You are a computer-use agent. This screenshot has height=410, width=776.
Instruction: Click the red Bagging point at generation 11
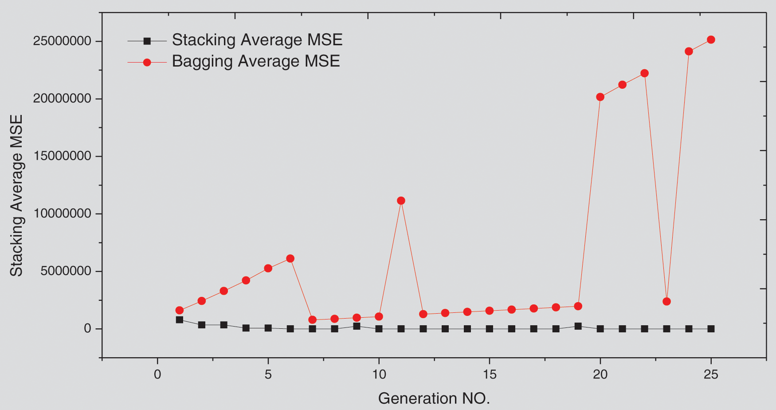[x=401, y=201]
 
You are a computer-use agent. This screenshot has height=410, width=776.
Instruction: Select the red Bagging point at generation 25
[x=711, y=39]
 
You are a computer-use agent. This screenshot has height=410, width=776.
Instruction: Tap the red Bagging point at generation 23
[x=666, y=302]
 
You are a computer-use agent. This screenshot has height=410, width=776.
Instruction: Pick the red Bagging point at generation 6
[x=290, y=259]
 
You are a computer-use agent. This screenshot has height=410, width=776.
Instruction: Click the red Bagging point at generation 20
[x=600, y=97]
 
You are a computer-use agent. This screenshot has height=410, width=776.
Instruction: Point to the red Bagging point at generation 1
[x=179, y=310]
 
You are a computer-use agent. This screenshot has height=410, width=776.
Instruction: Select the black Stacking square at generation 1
[x=179, y=319]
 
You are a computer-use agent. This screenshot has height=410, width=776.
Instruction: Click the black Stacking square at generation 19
[x=578, y=326]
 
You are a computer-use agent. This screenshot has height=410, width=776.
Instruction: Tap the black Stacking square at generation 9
[x=357, y=326]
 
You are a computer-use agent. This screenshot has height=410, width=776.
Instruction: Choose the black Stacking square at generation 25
[x=711, y=329]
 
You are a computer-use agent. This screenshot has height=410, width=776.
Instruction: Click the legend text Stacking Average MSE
[x=257, y=40]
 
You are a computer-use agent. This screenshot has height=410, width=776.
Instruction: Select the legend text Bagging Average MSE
[x=256, y=61]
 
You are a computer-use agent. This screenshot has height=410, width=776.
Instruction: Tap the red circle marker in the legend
[x=147, y=63]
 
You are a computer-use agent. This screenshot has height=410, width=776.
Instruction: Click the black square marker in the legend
[x=147, y=41]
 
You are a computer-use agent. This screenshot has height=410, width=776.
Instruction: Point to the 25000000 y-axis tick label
[x=62, y=41]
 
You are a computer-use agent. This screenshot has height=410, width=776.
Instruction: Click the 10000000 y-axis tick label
[x=62, y=214]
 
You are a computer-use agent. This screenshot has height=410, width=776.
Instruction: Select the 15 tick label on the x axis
[x=489, y=375]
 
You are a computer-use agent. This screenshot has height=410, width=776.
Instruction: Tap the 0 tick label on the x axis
[x=157, y=375]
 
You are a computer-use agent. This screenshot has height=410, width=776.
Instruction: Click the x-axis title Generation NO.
[x=434, y=398]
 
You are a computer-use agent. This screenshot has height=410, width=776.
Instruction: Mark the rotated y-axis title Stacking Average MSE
[x=16, y=195]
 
